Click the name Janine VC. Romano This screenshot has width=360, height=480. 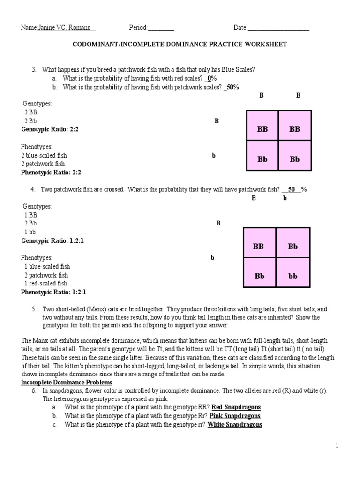click(66, 28)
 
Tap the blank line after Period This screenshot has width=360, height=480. click(161, 28)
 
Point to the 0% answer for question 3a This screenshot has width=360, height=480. click(211, 78)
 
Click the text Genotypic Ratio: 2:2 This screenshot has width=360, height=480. click(50, 129)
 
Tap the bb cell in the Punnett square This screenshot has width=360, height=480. click(293, 276)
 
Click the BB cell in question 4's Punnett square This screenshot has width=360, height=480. click(258, 246)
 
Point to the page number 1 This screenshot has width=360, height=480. click(337, 445)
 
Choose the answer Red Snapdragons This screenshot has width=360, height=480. click(236, 407)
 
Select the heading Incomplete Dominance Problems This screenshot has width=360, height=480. click(67, 382)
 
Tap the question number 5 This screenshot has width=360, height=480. click(34, 309)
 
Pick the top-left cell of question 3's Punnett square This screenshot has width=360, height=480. click(262, 129)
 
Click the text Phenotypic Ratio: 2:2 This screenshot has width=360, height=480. click(51, 172)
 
